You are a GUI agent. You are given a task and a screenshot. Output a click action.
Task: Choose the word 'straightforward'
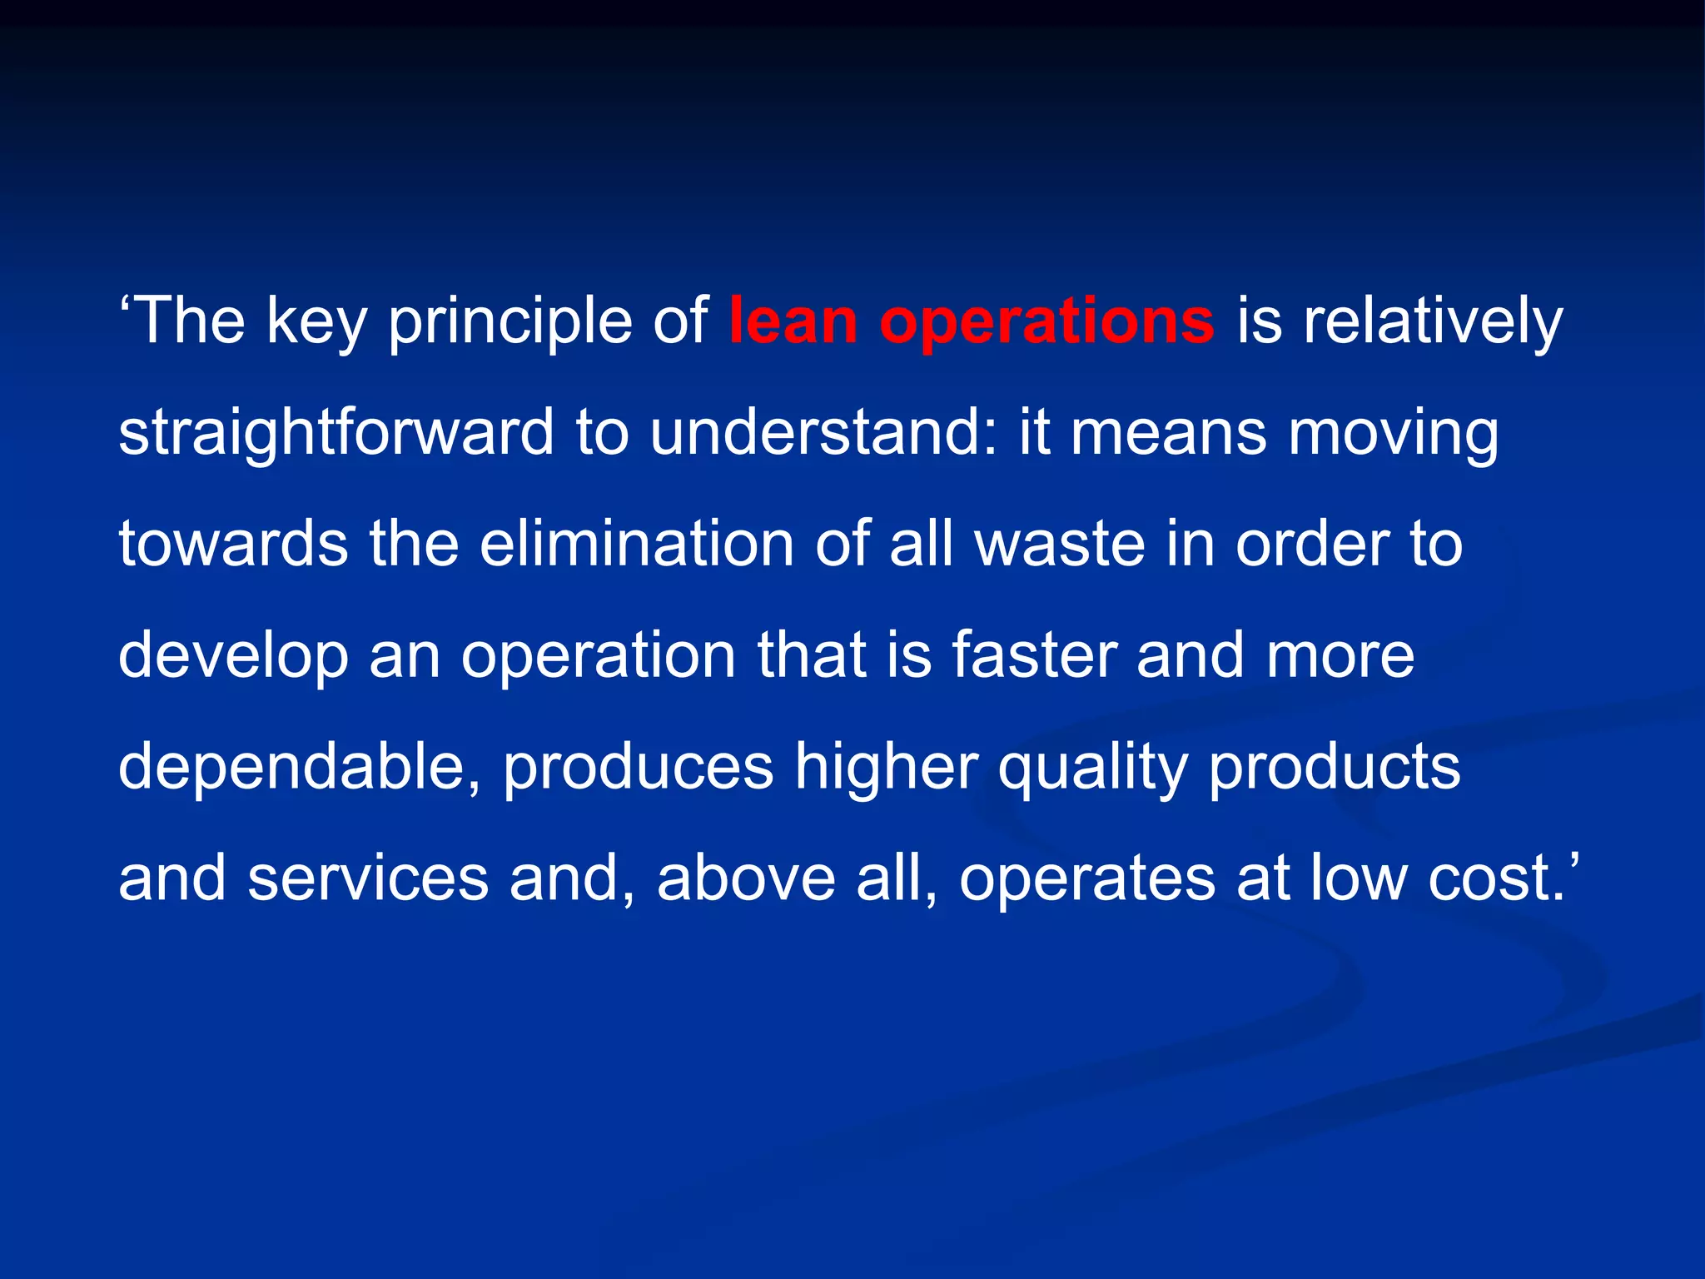[336, 435]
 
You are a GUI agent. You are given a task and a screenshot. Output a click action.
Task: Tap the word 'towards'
[233, 545]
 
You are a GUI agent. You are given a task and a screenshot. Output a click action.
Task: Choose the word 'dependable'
[298, 766]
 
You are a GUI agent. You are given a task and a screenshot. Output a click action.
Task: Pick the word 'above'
[746, 879]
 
